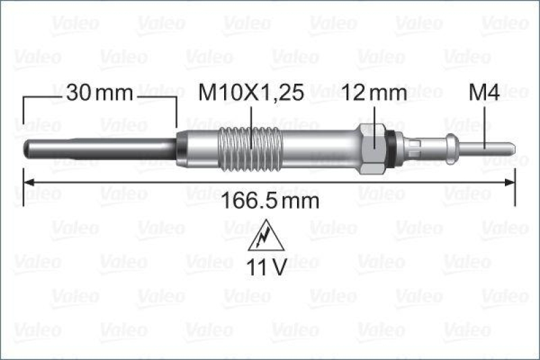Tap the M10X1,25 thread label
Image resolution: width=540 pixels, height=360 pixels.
[251, 94]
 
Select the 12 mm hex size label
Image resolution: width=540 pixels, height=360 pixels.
[375, 94]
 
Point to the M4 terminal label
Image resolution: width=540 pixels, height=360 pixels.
[484, 94]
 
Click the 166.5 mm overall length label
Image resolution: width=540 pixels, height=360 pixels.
[270, 201]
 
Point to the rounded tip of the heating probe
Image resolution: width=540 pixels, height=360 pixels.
[26, 146]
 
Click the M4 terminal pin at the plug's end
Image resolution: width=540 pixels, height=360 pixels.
[500, 146]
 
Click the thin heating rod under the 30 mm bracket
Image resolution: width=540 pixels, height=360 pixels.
[101, 146]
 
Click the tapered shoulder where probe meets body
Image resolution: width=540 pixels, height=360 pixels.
[180, 146]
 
